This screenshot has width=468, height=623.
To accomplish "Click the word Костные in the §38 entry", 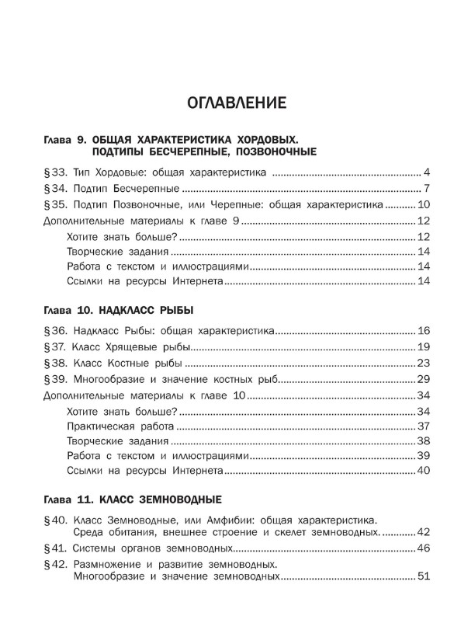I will click(133, 364).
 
